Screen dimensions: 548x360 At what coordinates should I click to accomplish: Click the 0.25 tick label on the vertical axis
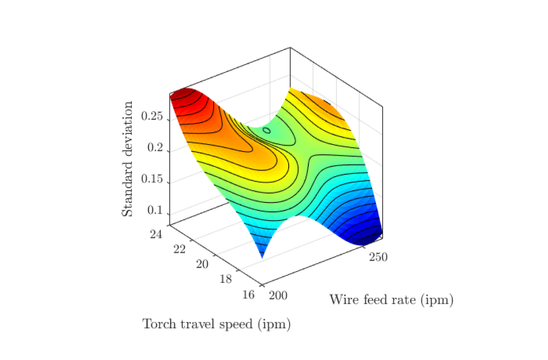point(152,116)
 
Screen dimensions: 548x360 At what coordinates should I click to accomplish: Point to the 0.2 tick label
point(155,147)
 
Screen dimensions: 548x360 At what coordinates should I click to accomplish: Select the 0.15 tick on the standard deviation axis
point(152,179)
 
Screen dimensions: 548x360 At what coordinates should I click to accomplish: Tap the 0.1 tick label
point(155,210)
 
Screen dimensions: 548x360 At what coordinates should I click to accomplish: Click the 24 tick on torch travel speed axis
point(156,234)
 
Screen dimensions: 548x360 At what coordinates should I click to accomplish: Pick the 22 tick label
point(179,249)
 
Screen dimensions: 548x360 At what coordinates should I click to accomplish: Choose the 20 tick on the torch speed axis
point(202,264)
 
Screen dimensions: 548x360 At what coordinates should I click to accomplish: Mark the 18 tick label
point(226,279)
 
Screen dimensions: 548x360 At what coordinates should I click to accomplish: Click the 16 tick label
point(249,295)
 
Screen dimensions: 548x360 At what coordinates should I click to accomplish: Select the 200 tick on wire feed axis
point(278,295)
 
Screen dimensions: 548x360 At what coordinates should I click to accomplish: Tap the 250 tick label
point(378,257)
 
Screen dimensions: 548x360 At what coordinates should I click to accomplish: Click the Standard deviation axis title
point(127,159)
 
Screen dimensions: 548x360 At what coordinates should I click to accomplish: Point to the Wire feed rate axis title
point(391,300)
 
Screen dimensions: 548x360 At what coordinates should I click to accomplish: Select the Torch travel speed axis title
point(217,324)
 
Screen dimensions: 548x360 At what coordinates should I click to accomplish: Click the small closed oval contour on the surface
point(266,130)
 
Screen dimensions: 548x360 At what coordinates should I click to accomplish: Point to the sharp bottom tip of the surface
point(262,258)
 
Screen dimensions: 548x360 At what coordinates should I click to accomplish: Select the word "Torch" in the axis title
point(160,324)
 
